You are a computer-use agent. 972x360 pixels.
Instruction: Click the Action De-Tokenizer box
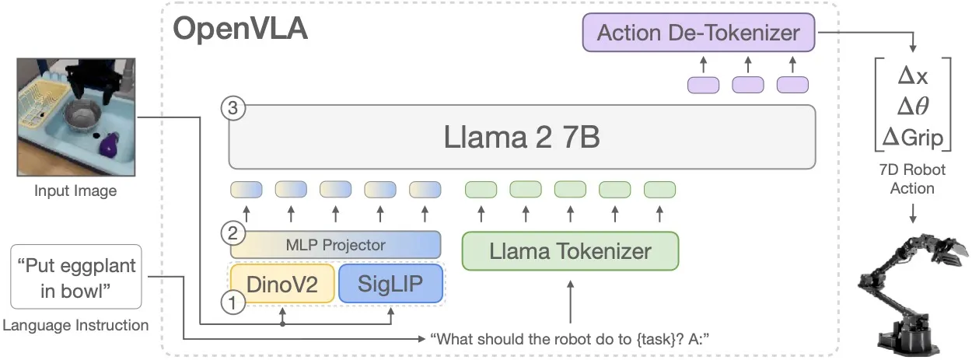click(698, 33)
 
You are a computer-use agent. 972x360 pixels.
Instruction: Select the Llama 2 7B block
click(522, 138)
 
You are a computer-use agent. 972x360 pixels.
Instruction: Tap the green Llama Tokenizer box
click(570, 251)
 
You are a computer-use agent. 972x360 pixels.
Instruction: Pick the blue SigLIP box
click(390, 284)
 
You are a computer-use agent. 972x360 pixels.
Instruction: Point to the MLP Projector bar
click(335, 245)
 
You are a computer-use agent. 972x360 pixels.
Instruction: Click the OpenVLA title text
click(240, 30)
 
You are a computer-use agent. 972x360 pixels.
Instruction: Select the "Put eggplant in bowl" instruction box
click(75, 277)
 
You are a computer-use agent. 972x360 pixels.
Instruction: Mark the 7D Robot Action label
click(912, 178)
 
